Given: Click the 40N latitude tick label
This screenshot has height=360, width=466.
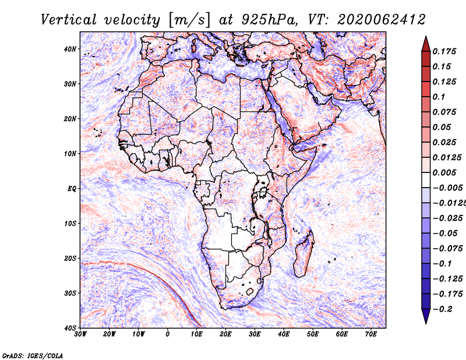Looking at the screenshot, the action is [70, 49].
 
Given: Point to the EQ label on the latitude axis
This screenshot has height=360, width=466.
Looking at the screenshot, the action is [72, 189].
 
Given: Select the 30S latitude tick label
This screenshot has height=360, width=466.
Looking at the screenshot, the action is [70, 293].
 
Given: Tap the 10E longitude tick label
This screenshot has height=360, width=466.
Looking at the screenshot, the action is [196, 334].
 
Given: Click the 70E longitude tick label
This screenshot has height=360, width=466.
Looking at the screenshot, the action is [371, 334].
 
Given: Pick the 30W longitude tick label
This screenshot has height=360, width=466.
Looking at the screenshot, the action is [80, 334].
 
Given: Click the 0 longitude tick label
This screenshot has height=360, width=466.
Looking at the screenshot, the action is [168, 334].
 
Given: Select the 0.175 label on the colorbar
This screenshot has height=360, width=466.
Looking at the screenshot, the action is [444, 52].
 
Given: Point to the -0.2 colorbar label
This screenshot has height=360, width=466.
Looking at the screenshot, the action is [442, 309].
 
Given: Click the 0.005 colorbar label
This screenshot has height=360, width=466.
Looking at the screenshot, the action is [444, 172].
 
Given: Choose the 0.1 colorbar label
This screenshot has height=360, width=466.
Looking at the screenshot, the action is [439, 97].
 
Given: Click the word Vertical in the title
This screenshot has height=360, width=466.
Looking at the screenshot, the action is [68, 20].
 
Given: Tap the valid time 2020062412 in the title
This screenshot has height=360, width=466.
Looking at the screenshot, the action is [382, 20].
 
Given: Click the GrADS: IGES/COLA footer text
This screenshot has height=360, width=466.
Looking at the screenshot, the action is [33, 355].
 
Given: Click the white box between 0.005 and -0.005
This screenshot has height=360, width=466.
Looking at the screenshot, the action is [426, 180].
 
